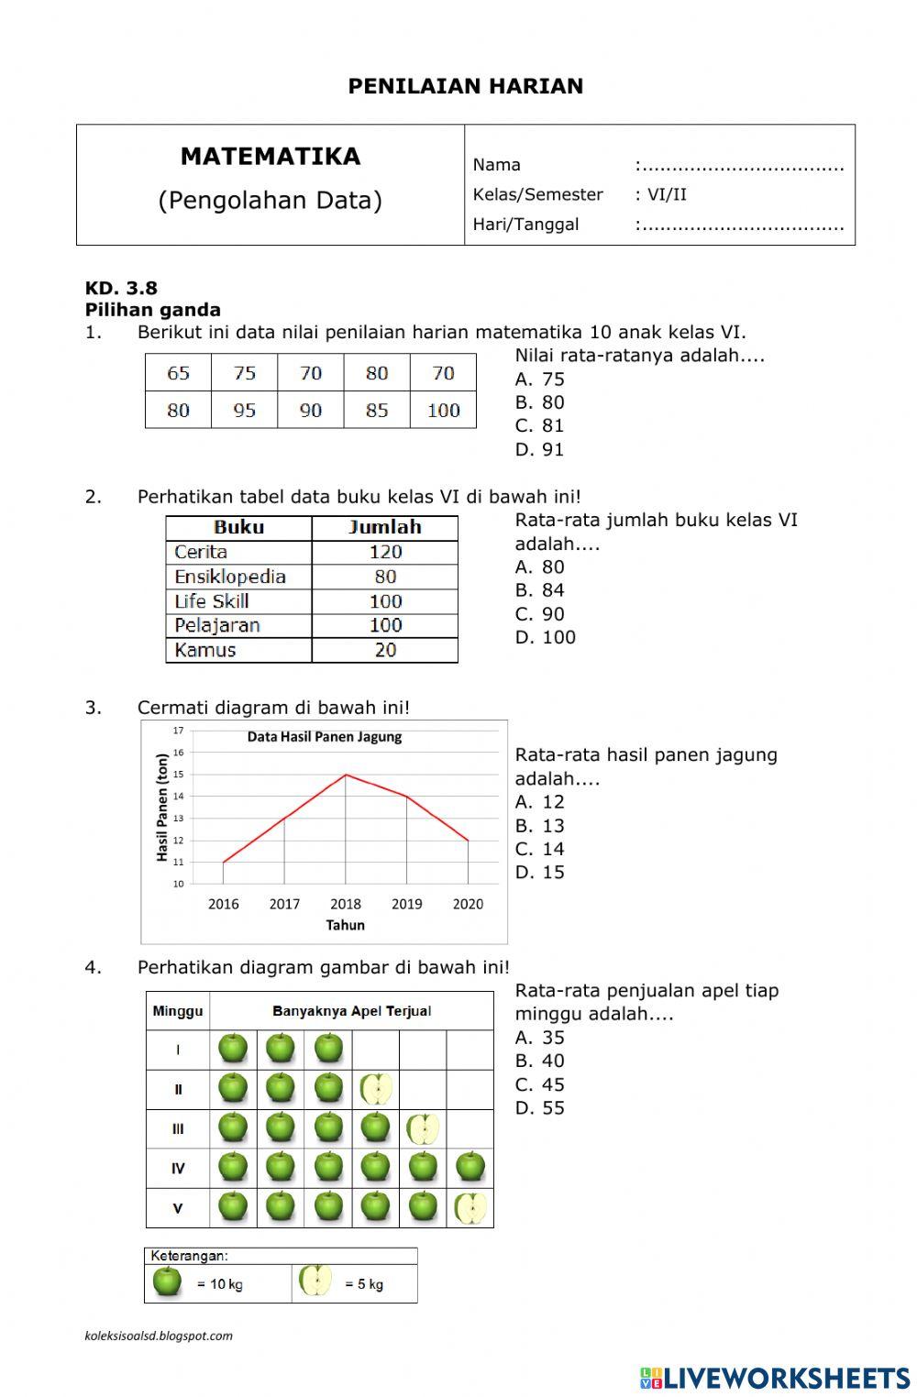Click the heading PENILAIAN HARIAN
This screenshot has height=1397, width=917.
[465, 86]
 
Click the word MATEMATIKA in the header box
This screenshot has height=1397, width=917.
[271, 157]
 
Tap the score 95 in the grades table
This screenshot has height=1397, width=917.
[244, 411]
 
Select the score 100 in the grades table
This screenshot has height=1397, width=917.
[443, 411]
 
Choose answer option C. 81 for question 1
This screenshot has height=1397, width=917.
[539, 426]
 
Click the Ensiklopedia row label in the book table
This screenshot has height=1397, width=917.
[230, 577]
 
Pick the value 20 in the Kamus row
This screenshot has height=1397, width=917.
[385, 650]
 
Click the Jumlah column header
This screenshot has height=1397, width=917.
[385, 527]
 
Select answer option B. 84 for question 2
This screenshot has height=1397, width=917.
[539, 590]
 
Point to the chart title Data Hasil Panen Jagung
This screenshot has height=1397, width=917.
[325, 737]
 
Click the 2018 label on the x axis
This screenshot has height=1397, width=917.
[346, 904]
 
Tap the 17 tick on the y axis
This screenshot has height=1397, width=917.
[178, 731]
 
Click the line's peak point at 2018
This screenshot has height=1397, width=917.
[346, 775]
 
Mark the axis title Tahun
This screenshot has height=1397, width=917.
[346, 925]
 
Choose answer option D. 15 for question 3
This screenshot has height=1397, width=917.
[539, 873]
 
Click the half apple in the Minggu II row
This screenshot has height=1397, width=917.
[376, 1090]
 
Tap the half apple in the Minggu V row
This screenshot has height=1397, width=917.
[470, 1208]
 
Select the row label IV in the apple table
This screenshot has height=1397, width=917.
[178, 1169]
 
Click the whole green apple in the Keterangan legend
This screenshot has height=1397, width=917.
[167, 1281]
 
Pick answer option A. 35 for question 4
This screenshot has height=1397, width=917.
[539, 1038]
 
